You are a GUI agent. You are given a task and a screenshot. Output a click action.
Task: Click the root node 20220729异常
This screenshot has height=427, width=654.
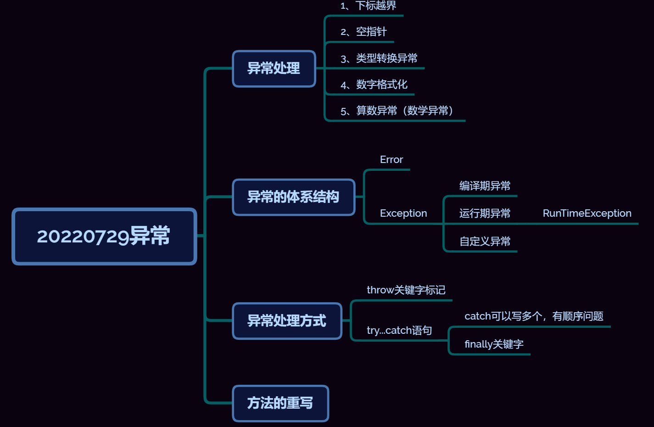coord(104,236)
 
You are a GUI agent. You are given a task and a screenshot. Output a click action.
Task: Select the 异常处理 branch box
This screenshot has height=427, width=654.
coord(274,68)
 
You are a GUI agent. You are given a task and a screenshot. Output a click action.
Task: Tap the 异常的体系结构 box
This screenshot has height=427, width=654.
coord(293,197)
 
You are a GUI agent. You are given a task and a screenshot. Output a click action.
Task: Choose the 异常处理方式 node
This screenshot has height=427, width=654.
coord(287,320)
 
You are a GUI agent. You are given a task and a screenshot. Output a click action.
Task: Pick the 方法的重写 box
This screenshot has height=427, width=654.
coord(280,403)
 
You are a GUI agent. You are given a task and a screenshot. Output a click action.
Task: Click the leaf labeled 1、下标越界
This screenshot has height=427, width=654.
coord(368,6)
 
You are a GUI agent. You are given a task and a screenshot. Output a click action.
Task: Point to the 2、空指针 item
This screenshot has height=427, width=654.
coord(363,32)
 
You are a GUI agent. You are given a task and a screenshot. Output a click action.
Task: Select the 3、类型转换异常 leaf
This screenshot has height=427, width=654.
coord(379,58)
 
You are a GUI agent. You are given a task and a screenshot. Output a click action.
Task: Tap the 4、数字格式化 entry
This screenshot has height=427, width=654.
coord(374,84)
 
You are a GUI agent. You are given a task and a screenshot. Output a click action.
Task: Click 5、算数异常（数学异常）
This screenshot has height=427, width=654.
coord(397,111)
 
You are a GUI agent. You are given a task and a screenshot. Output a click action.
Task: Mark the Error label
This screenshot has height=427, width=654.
coord(391,160)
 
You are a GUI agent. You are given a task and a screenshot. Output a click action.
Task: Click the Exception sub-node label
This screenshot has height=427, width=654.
coord(403,213)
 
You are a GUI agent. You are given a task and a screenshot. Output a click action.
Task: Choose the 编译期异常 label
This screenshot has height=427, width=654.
coord(485,186)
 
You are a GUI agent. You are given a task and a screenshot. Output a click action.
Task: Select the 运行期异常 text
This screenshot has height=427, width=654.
coord(485,213)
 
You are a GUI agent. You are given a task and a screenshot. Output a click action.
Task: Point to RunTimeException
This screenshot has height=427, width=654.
coord(587,213)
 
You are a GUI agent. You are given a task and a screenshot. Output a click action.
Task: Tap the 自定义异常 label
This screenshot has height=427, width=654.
coord(485,242)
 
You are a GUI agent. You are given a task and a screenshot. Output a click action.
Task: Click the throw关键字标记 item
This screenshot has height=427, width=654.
coord(406,290)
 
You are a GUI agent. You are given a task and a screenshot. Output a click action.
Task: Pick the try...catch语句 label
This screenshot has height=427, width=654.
coord(399,331)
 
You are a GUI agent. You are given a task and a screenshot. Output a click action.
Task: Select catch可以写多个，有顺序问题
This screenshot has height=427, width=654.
coord(534,316)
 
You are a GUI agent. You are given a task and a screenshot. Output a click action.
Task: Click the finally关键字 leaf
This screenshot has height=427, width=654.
coord(494,344)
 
